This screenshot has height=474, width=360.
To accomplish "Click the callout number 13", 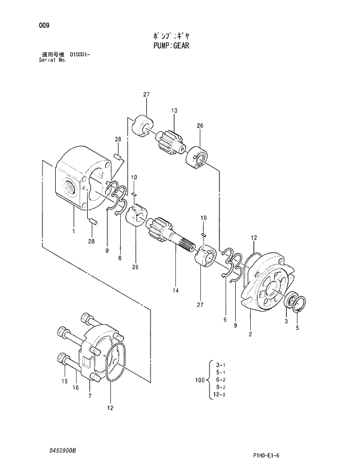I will [x=174, y=110].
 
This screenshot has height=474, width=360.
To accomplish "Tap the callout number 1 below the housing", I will [x=74, y=231].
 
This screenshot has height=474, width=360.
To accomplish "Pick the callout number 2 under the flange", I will [x=250, y=334].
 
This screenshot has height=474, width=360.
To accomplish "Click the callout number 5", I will [x=297, y=328].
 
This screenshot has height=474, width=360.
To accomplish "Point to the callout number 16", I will [x=75, y=388].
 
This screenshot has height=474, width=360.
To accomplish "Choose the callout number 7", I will [x=89, y=396].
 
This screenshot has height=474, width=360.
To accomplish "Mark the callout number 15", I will [x=64, y=381].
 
